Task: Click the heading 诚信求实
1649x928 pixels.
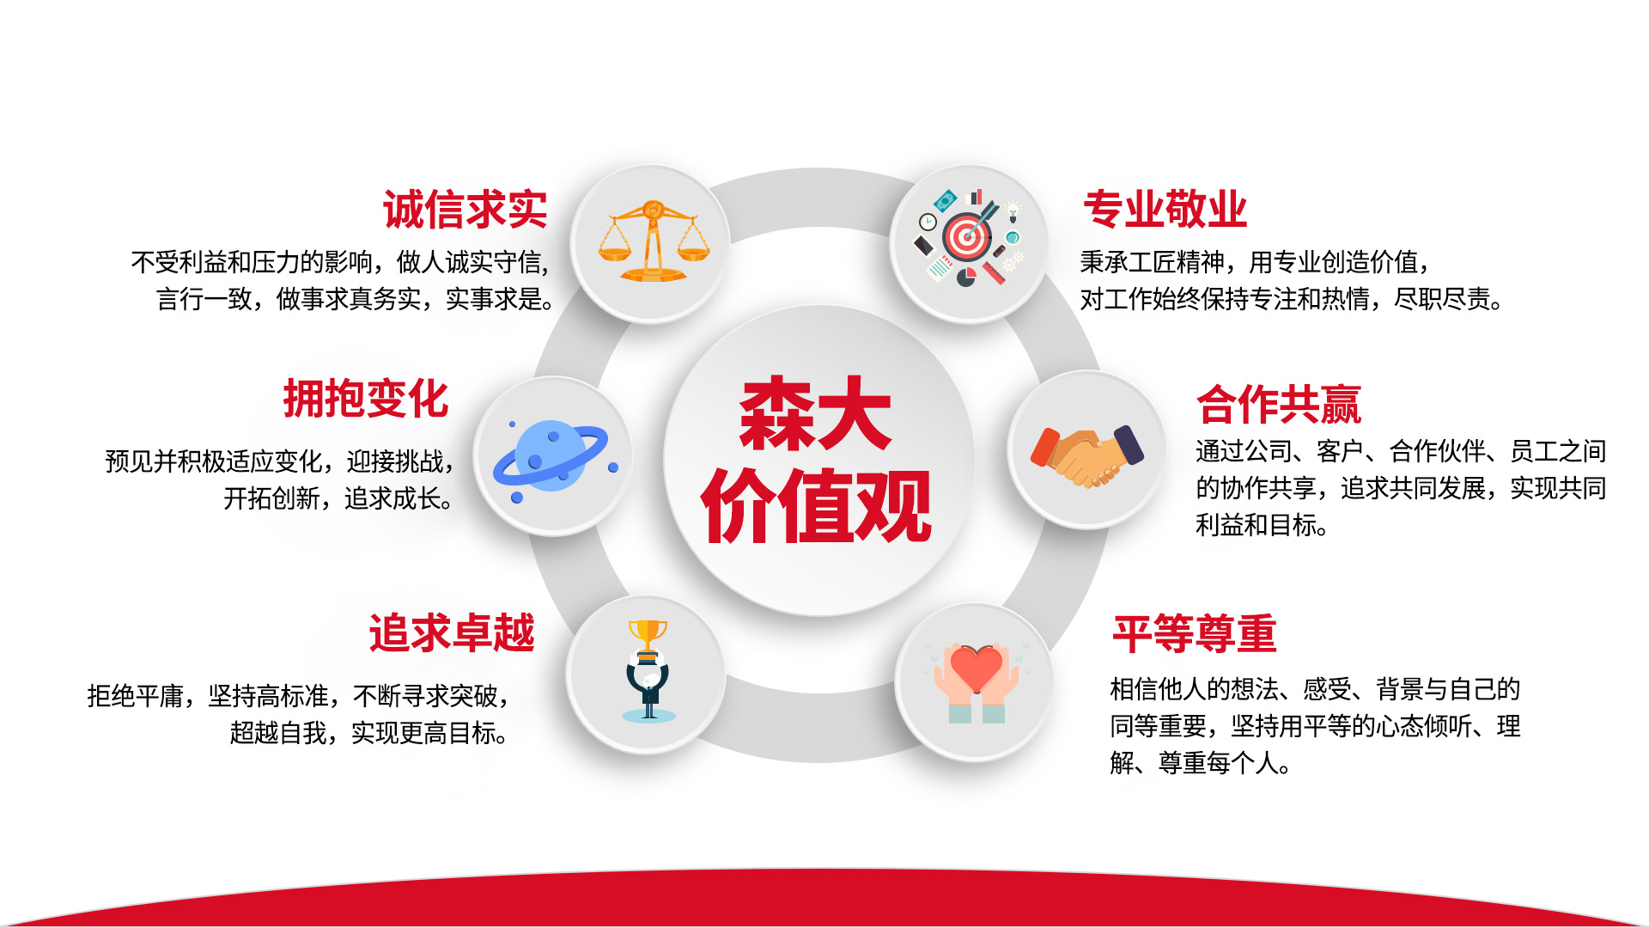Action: coord(465,211)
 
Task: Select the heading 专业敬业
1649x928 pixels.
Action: coord(1165,210)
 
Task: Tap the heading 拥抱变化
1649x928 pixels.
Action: coord(366,399)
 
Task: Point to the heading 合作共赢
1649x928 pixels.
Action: coord(1279,405)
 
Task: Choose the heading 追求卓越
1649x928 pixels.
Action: coord(452,633)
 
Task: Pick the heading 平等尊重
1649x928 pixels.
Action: coord(1195,634)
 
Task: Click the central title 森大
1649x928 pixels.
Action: coord(815,414)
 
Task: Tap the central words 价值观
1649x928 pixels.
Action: coord(816,506)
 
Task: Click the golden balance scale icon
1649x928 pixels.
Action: coord(654,241)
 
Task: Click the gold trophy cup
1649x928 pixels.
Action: coord(648,638)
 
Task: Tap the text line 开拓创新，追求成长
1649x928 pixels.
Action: coord(338,498)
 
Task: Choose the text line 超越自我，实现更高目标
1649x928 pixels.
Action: coord(369,733)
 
